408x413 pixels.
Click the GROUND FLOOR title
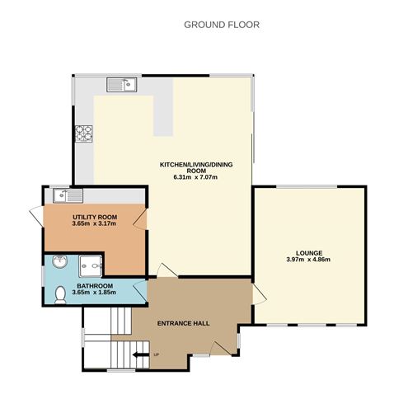click(x=221, y=25)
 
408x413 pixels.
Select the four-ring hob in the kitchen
click(x=83, y=132)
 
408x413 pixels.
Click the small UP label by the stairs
click(x=157, y=355)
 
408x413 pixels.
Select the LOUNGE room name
click(x=309, y=252)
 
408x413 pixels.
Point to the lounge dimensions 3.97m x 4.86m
click(x=309, y=260)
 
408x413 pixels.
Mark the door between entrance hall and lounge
click(x=256, y=292)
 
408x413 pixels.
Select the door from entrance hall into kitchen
click(x=166, y=270)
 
